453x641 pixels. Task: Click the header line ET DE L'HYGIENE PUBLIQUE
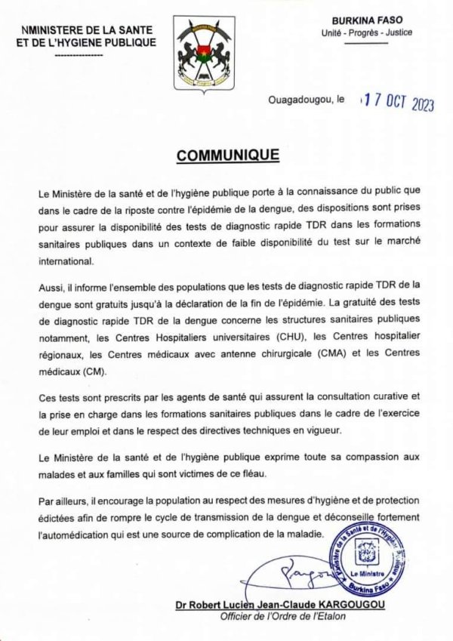tap(86, 42)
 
